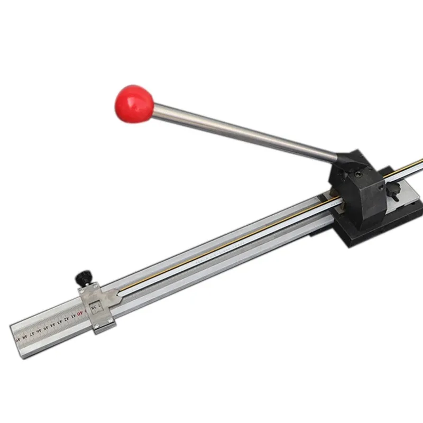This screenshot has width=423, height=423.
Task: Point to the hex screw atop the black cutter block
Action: (x=359, y=173)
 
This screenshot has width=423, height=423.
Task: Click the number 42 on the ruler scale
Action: (x=66, y=319)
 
